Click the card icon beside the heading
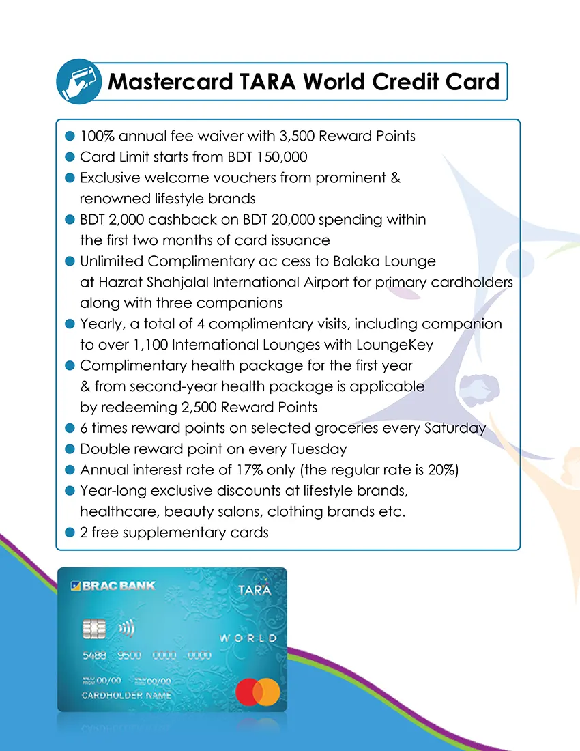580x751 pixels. coord(78,82)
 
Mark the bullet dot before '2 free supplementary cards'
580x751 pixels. coord(69,533)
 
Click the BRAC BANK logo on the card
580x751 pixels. coord(113,586)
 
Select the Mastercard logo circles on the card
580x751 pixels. coord(258,692)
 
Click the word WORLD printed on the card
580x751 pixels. coord(248,638)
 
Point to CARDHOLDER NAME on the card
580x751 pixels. coord(126,696)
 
